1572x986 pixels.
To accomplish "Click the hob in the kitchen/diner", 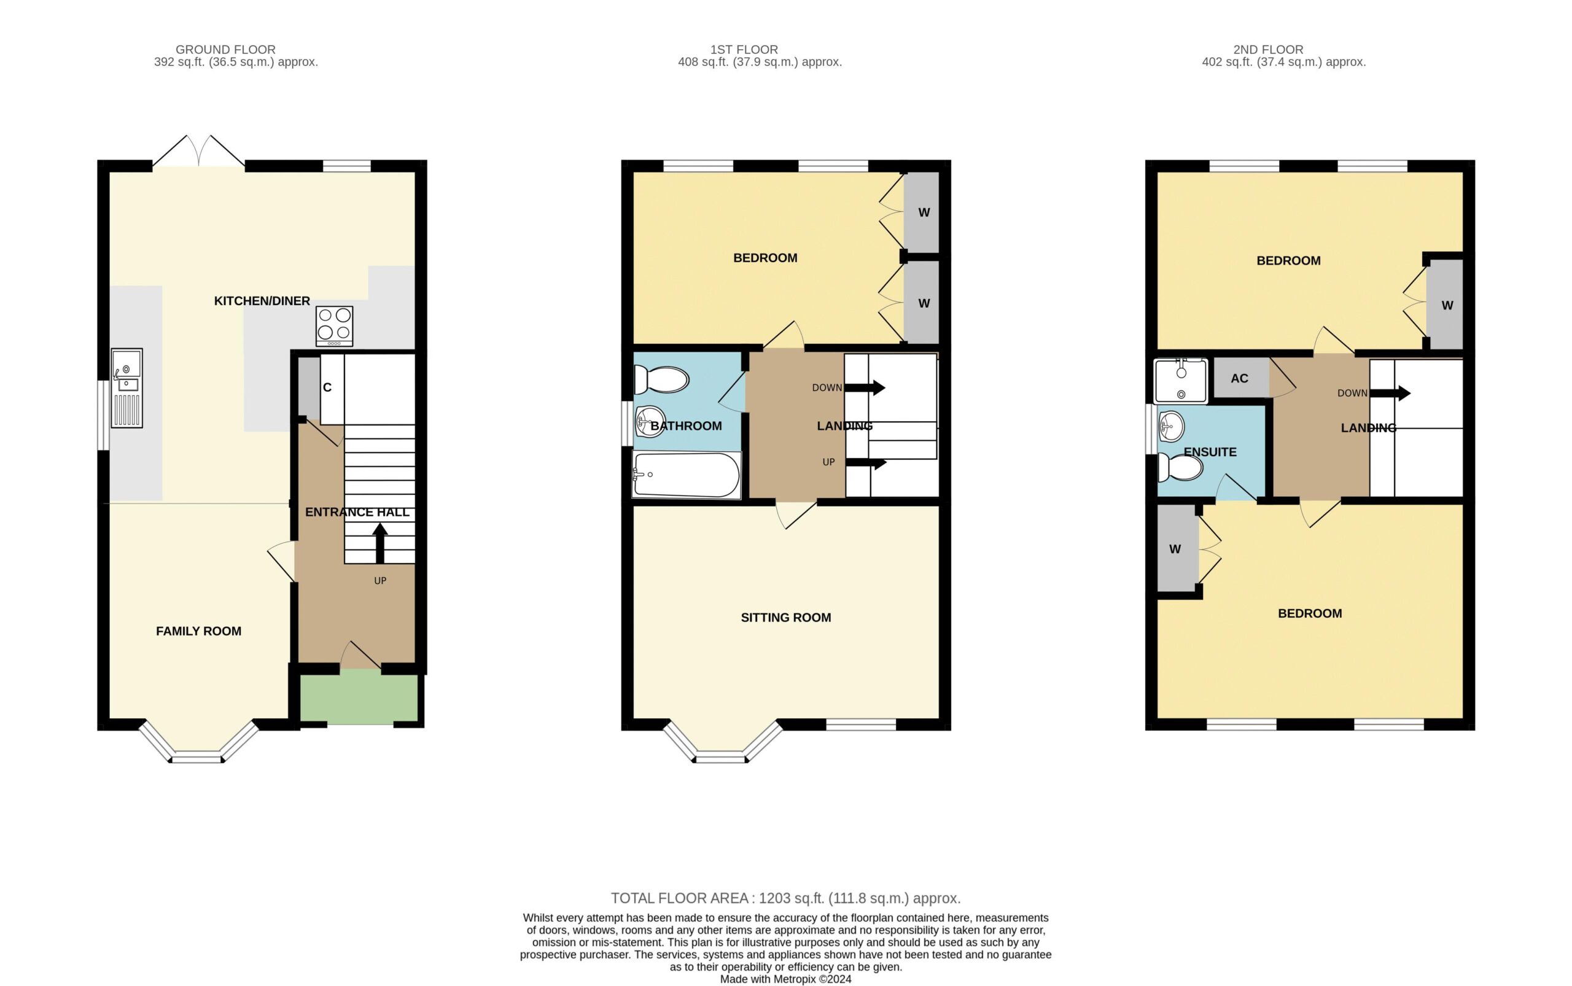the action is [x=334, y=326].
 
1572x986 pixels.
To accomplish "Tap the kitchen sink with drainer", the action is [x=126, y=388].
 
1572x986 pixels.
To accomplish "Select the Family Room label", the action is [x=198, y=631].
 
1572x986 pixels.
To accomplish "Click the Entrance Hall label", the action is [x=357, y=512].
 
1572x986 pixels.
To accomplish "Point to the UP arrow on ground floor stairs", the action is [x=379, y=543].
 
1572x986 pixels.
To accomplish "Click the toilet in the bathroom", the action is [x=661, y=379].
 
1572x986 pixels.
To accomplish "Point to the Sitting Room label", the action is [x=785, y=618].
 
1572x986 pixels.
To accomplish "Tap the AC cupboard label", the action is [x=1239, y=378].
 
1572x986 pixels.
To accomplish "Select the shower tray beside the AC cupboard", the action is [x=1180, y=381].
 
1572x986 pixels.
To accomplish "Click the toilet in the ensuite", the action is [x=1180, y=468].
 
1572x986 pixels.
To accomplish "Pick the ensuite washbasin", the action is [x=1172, y=427].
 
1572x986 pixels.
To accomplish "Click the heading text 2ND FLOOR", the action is [x=1268, y=50].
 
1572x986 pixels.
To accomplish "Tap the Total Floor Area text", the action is [x=785, y=898].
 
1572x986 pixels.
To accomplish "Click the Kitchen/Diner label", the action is [x=262, y=301].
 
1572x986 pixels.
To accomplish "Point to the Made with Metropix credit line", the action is [x=785, y=979].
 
